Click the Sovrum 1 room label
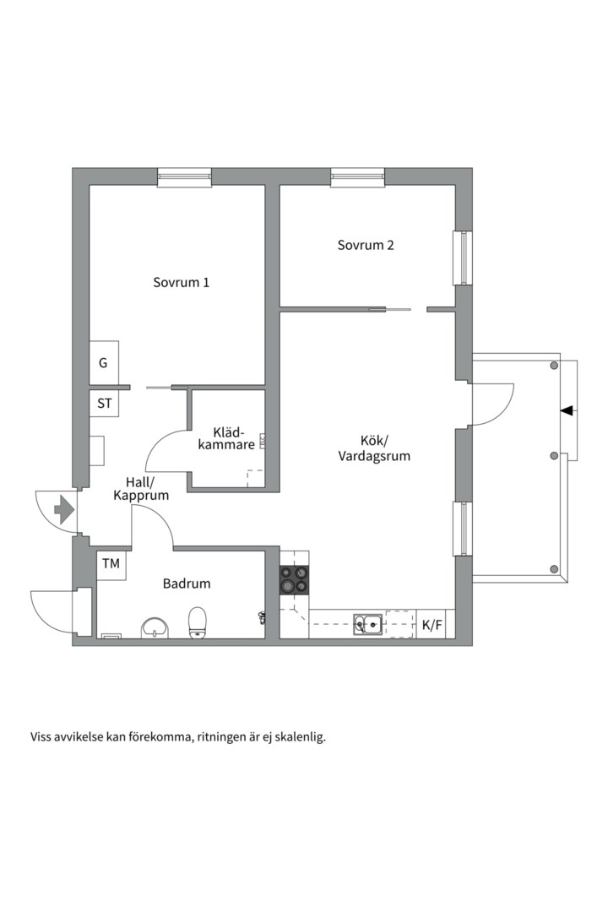181,283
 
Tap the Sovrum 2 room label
366,246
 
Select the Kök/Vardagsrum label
374,448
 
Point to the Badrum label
187,584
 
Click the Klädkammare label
226,437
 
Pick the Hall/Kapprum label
141,489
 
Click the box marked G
104,363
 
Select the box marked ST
104,404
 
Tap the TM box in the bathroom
111,563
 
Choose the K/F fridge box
432,625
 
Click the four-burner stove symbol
294,581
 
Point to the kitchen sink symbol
368,625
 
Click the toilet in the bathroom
198,622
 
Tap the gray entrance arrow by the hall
63,509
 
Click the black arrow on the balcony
566,410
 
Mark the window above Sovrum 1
184,176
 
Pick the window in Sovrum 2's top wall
357,176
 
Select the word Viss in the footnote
41,736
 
